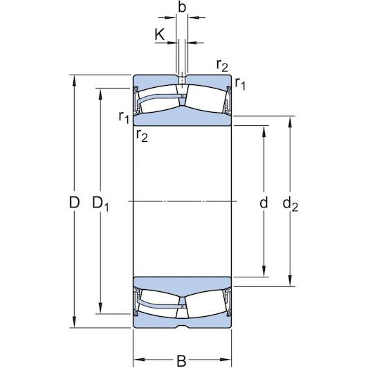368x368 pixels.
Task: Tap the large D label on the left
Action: point(74,203)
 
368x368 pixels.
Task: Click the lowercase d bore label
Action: point(263,203)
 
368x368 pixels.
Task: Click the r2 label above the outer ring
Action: point(222,66)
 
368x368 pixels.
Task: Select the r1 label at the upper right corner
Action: point(240,84)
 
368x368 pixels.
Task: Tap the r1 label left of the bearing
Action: point(123,118)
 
